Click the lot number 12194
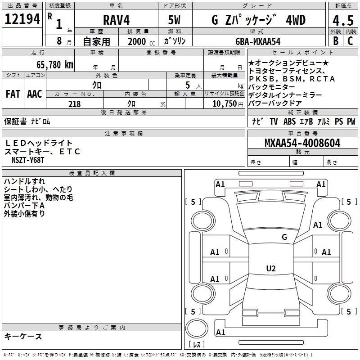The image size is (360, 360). point(22,19)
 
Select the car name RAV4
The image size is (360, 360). point(117,20)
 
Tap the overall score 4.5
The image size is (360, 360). point(343,20)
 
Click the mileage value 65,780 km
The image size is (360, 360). point(55,64)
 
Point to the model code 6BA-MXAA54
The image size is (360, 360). point(258,41)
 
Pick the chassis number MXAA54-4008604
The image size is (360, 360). point(302,143)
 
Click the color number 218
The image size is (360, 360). point(74,104)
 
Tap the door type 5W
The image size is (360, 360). point(174,20)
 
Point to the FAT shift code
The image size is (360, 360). point(13,94)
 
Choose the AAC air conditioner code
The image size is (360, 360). point(35,94)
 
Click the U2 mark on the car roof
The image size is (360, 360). point(271,268)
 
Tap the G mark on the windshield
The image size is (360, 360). point(284,237)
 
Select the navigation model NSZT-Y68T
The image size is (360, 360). point(28,160)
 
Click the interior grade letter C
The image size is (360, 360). point(350,41)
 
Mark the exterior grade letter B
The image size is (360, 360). point(336,41)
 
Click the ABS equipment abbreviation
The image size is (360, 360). point(289,121)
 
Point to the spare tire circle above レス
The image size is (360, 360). point(197,329)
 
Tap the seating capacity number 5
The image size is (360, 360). point(188,85)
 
